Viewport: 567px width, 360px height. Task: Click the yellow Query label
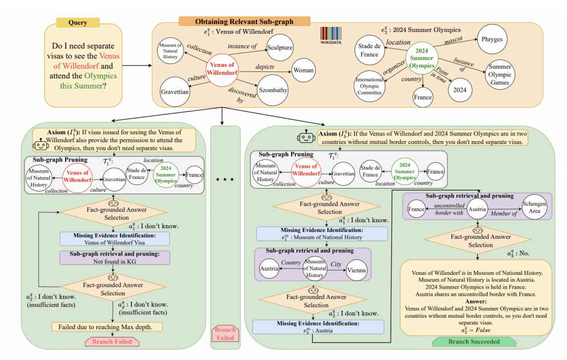(x=78, y=23)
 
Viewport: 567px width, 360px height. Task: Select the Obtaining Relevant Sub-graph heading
(x=244, y=21)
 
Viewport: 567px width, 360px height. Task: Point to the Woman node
(x=303, y=70)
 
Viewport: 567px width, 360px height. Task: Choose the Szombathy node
(x=273, y=90)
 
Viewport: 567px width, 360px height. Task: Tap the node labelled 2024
(x=460, y=90)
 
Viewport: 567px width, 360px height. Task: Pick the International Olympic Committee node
(x=369, y=86)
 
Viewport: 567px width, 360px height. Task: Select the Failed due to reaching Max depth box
(x=107, y=327)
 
